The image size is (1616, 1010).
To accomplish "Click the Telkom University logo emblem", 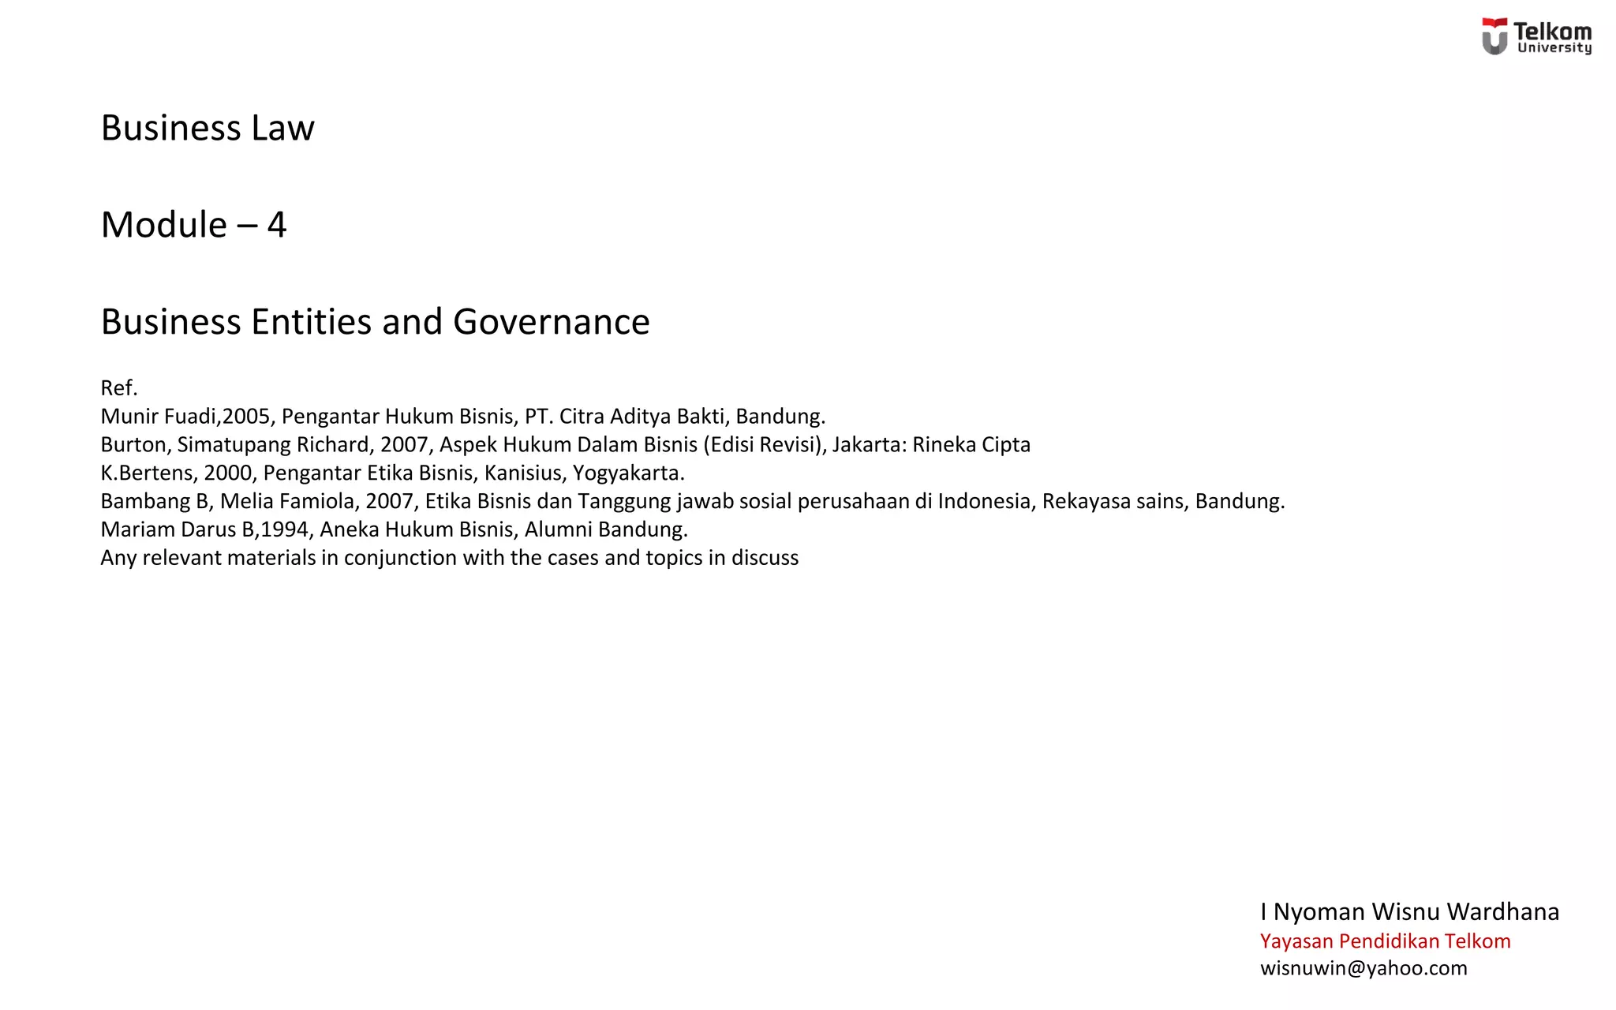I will (x=1494, y=36).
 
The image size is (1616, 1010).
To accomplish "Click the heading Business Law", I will (x=208, y=128).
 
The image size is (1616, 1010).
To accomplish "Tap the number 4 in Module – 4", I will (x=276, y=225).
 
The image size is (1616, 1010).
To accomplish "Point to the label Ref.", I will (x=119, y=387).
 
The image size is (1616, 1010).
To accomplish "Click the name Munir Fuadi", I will (x=160, y=416).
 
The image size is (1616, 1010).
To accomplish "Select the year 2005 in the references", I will (x=246, y=416).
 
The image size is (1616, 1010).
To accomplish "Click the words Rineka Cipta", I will (x=971, y=444).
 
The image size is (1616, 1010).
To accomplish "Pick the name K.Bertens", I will (x=147, y=473).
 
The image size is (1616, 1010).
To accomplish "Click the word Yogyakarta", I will (x=628, y=473).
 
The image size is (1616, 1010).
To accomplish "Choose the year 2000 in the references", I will (x=228, y=473).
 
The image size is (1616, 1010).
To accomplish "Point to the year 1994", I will (x=284, y=529).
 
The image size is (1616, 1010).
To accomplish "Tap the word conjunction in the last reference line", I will (x=400, y=557).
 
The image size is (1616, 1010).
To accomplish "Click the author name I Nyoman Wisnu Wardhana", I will (x=1409, y=911).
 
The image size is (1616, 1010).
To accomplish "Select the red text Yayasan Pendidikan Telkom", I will (x=1385, y=941).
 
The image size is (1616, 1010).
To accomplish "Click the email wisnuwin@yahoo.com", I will (x=1363, y=968).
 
